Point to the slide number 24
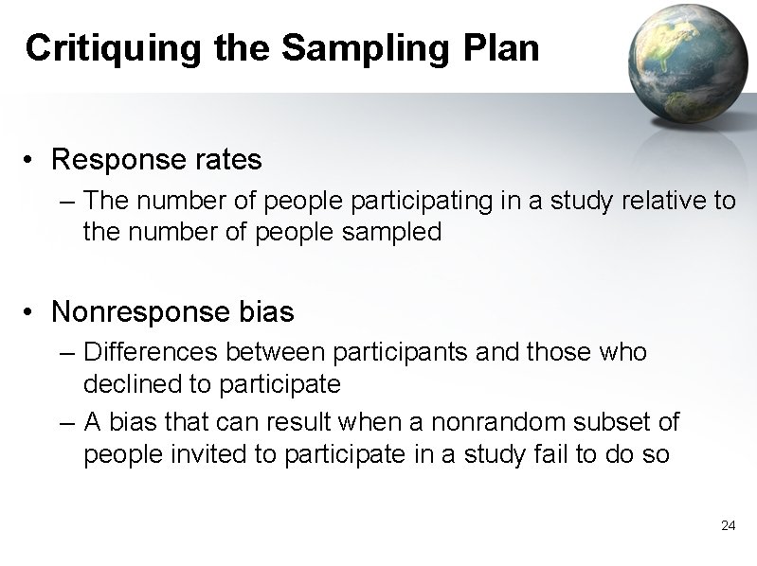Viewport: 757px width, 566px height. click(x=728, y=525)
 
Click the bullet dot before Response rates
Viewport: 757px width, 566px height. click(x=33, y=161)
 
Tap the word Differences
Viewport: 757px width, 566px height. click(x=151, y=352)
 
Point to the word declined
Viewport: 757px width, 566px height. click(x=123, y=383)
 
